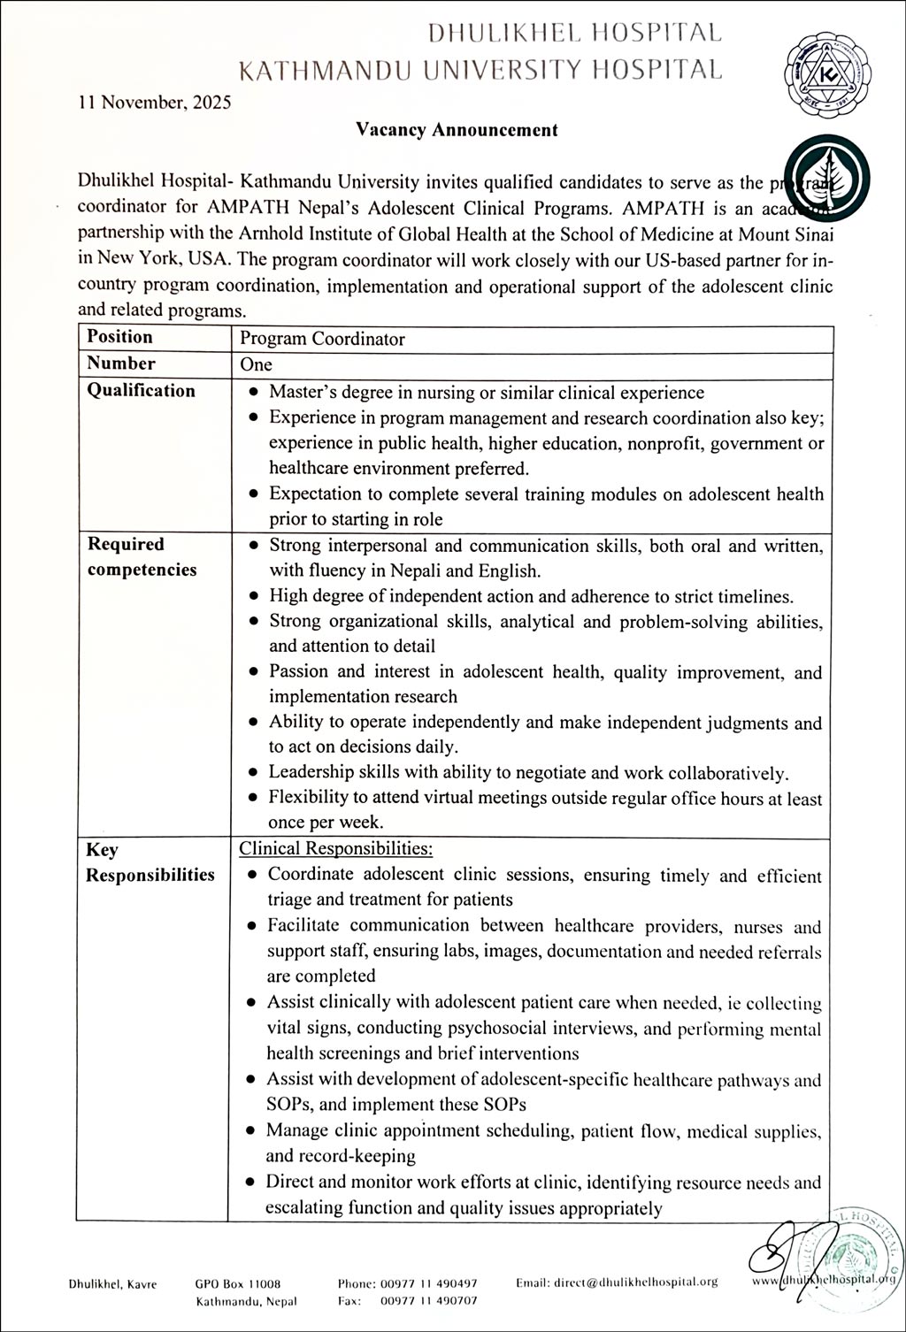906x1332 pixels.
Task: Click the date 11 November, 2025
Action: [155, 102]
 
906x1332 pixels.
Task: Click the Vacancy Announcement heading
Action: [457, 130]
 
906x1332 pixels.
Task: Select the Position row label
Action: [119, 337]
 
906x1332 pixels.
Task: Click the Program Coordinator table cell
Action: [322, 339]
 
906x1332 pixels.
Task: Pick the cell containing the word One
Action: [257, 364]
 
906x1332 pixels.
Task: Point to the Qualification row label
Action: [141, 391]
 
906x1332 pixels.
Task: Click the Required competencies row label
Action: [142, 556]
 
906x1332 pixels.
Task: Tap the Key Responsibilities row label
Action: [150, 862]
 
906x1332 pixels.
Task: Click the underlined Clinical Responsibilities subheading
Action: [336, 849]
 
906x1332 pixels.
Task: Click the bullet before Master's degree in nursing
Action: [254, 393]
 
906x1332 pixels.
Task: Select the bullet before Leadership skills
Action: [253, 773]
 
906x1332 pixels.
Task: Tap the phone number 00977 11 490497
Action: [429, 1283]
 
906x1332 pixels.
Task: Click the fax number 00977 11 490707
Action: [429, 1301]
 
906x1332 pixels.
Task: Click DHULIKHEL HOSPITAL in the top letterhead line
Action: [574, 33]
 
